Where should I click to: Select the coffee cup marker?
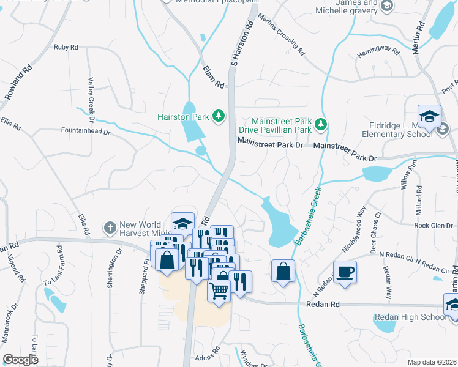coord(345,272)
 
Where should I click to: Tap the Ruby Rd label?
coord(66,46)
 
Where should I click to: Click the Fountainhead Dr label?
coord(84,131)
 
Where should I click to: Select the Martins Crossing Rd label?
coord(281,34)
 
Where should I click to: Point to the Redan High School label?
coord(408,317)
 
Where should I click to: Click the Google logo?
coord(20,360)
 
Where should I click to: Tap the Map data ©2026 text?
coord(432,362)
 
